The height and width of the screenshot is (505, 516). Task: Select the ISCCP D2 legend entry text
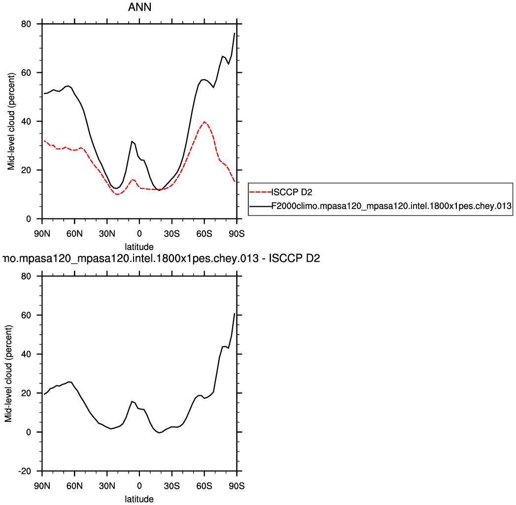pyautogui.click(x=292, y=192)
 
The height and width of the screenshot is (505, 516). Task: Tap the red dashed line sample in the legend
pyautogui.click(x=260, y=192)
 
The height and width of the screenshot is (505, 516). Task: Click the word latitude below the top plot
pyautogui.click(x=139, y=246)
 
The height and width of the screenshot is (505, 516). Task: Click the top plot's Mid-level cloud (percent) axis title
pyautogui.click(x=11, y=121)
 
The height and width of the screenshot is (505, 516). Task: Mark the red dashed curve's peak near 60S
pyautogui.click(x=205, y=122)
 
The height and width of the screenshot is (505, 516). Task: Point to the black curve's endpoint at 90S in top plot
pyautogui.click(x=235, y=33)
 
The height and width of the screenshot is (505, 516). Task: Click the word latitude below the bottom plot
pyautogui.click(x=139, y=499)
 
